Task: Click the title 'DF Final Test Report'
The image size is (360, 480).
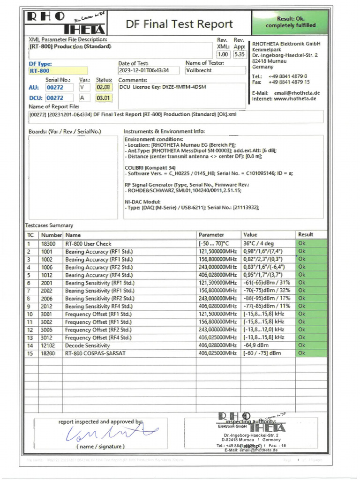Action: pyautogui.click(x=179, y=24)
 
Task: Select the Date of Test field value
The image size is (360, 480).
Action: pyautogui.click(x=143, y=71)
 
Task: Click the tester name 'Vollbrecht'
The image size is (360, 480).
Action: pyautogui.click(x=215, y=70)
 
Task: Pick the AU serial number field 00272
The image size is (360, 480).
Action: pyautogui.click(x=60, y=87)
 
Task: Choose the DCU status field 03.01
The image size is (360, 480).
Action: pyautogui.click(x=104, y=98)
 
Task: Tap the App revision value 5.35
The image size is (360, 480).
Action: pyautogui.click(x=240, y=54)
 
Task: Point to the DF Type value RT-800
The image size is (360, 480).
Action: pyautogui.click(x=57, y=71)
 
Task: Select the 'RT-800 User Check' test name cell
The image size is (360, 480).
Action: pyautogui.click(x=89, y=244)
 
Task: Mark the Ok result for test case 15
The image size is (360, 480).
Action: pyautogui.click(x=302, y=353)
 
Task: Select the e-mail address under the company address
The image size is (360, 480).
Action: pyautogui.click(x=297, y=93)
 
